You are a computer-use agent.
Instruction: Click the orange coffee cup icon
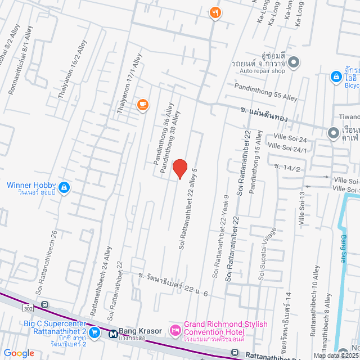tap(143, 104)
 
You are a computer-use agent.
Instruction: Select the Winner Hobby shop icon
tap(65, 187)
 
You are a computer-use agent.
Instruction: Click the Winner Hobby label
tap(31, 186)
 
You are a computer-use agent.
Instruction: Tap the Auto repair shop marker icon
tap(295, 62)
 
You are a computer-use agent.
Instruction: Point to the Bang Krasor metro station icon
tap(112, 334)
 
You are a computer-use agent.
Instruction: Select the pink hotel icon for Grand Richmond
tap(175, 328)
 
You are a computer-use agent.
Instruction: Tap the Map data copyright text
tap(336, 355)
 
